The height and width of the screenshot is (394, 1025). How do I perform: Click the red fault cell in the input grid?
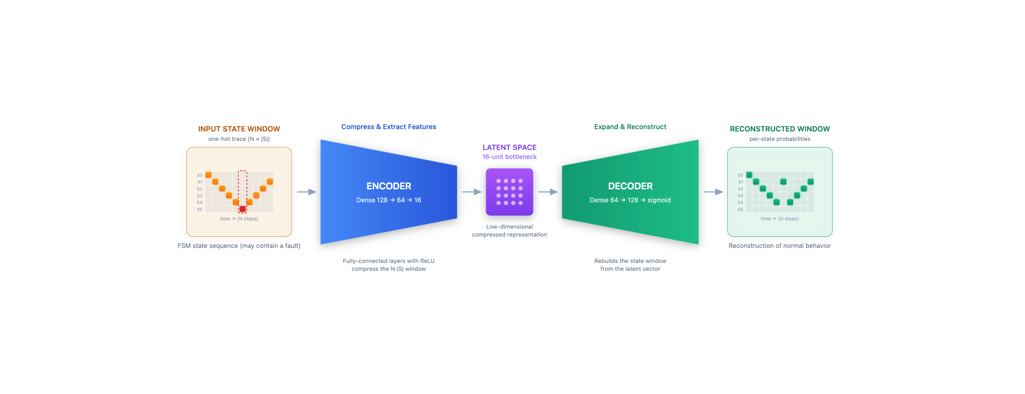click(x=242, y=209)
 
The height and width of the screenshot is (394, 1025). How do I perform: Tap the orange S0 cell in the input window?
click(x=208, y=175)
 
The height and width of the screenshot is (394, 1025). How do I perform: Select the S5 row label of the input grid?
click(x=199, y=209)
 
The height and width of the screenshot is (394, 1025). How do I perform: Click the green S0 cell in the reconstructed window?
click(x=749, y=175)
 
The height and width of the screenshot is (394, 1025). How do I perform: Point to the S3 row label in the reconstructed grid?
click(x=740, y=196)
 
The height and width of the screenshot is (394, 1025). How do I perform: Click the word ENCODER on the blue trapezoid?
click(x=389, y=186)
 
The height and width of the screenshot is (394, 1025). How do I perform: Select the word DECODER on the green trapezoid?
click(x=630, y=186)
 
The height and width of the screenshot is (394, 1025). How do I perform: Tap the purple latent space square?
click(x=509, y=192)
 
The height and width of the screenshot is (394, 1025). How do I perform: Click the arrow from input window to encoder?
click(x=306, y=192)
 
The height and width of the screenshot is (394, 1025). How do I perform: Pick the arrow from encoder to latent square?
click(x=472, y=192)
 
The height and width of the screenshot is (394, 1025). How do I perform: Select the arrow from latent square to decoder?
click(x=548, y=192)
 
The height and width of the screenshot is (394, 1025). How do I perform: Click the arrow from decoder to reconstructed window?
click(x=714, y=192)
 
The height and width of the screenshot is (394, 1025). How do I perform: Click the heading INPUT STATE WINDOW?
click(x=239, y=129)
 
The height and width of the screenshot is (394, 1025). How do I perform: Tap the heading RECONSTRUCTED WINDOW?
click(x=780, y=129)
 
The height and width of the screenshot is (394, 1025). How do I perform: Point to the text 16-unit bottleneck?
click(x=509, y=157)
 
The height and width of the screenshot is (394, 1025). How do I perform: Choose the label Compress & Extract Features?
click(x=389, y=127)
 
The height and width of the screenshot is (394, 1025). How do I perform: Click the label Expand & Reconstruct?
click(x=630, y=127)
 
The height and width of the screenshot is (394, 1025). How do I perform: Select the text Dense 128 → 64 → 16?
click(x=389, y=200)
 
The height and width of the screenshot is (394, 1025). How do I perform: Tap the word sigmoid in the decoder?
click(x=659, y=200)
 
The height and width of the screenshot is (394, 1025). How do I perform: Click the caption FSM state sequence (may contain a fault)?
click(x=239, y=246)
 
